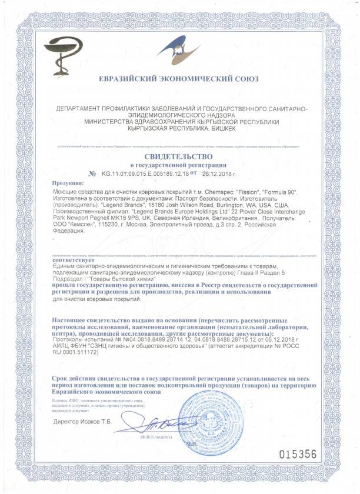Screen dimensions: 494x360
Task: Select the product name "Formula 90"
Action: (x=286, y=192)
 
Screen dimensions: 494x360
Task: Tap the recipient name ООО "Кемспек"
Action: (x=78, y=224)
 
